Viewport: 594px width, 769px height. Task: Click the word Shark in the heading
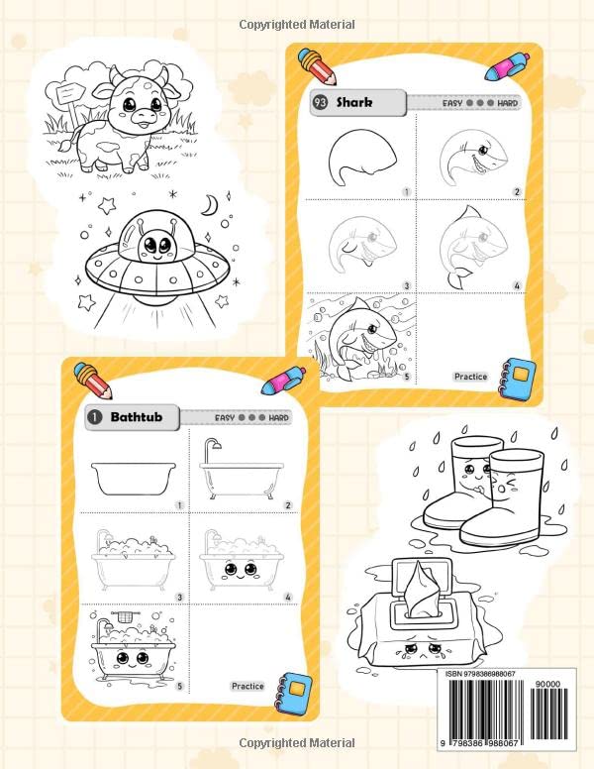354,101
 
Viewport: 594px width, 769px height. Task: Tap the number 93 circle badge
321,101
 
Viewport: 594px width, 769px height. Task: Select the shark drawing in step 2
466,157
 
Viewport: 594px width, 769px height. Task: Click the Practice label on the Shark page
470,377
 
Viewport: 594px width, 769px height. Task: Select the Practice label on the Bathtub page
247,686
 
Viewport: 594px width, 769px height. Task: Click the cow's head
132,103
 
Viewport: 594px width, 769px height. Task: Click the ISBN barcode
509,709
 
